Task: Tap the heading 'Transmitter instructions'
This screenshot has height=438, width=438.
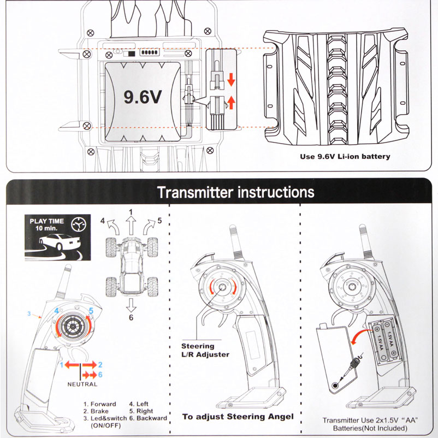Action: coord(235,193)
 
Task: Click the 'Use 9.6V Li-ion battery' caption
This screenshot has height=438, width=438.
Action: coord(345,156)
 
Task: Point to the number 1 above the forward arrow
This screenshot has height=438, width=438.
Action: coord(131,211)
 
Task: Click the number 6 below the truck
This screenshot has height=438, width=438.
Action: coord(131,317)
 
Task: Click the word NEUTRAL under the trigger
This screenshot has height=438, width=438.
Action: coord(82,384)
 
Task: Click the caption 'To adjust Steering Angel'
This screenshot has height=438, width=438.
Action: coord(238,417)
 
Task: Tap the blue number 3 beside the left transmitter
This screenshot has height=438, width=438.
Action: coord(29,314)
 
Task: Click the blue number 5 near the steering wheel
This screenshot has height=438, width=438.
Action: coord(91,311)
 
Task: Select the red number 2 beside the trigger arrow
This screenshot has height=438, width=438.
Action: coord(100,364)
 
